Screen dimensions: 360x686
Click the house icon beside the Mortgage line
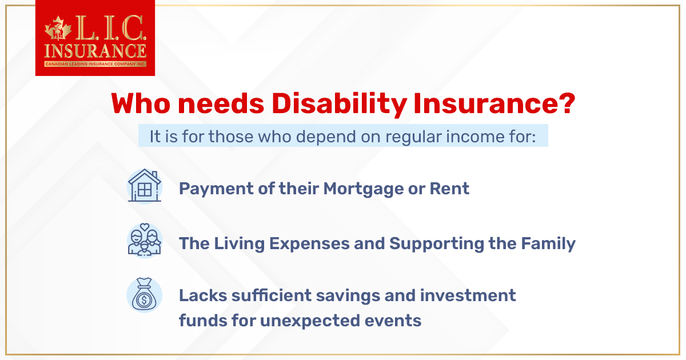coord(144,186)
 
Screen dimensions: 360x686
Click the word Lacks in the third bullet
coord(200,295)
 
